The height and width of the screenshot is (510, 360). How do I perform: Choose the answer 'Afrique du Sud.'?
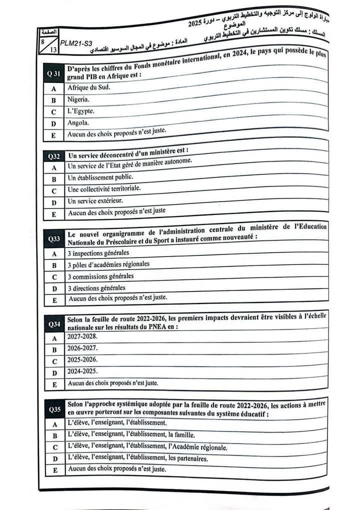point(88,87)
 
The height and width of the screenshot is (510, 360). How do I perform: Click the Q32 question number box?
point(53,156)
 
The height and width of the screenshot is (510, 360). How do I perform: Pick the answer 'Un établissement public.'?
point(100,177)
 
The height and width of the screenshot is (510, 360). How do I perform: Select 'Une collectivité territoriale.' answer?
point(104,189)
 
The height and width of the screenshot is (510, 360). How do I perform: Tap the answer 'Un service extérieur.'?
point(95,201)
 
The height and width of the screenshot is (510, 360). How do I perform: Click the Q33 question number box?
point(53,239)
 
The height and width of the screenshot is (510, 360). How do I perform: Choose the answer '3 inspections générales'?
point(98,253)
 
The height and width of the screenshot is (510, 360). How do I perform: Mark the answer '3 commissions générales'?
point(100,276)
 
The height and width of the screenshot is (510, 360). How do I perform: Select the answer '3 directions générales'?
point(96,288)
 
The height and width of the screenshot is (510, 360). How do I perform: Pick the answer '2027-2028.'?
point(82,337)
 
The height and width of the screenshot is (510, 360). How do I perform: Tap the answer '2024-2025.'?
point(82,371)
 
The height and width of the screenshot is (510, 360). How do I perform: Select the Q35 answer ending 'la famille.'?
point(131,435)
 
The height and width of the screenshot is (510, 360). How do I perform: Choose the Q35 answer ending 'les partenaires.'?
point(137,458)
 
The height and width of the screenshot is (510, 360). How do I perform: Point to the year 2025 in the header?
point(196,24)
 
